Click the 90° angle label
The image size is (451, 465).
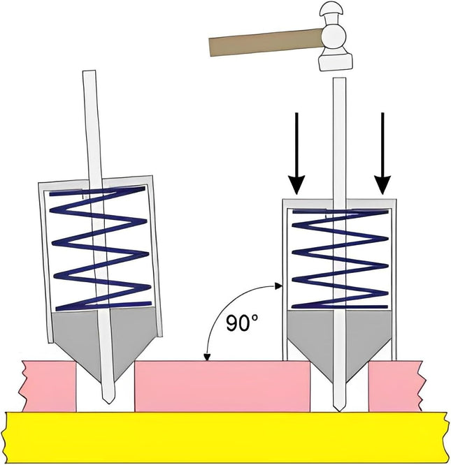point(243,323)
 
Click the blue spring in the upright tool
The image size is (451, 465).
point(339,258)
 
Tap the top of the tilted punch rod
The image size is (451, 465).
point(89,75)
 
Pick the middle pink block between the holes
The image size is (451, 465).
point(222,385)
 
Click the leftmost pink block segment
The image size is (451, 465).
point(49,385)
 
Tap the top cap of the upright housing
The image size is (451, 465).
point(338,203)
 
